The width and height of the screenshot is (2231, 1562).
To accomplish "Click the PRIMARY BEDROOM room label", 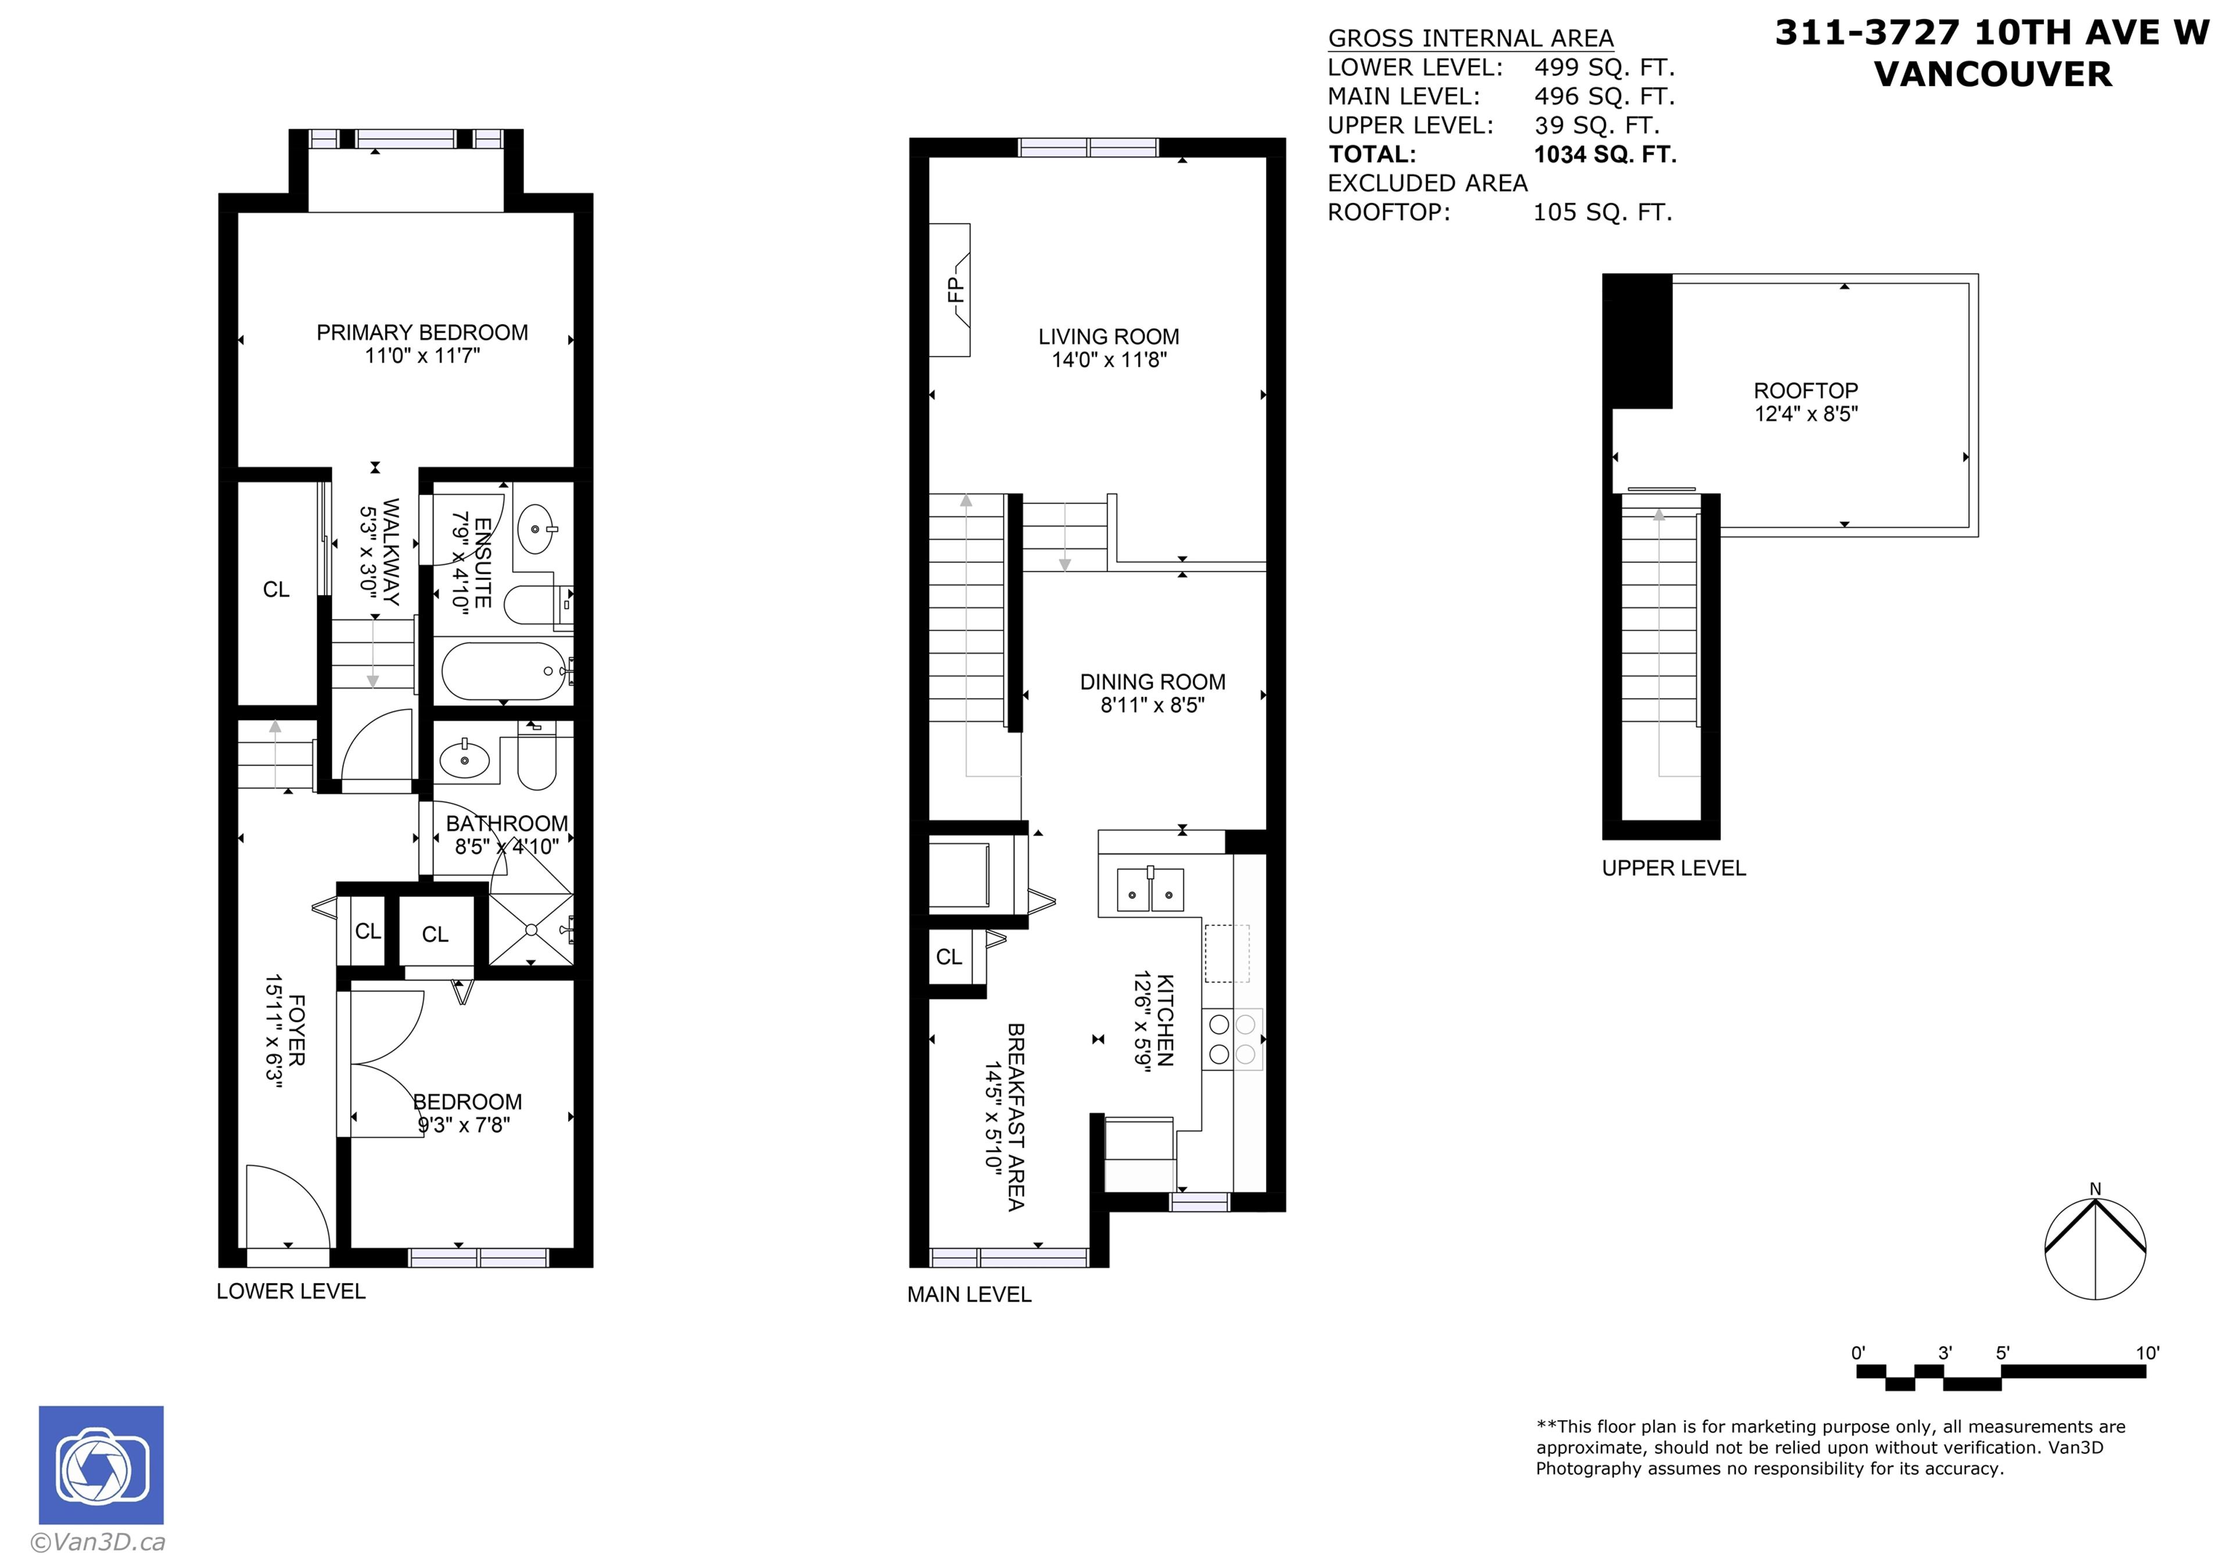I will pos(422,332).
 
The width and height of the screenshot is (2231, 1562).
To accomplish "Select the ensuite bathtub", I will pos(503,671).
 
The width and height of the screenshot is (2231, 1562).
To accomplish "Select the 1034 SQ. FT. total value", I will pos(1604,155).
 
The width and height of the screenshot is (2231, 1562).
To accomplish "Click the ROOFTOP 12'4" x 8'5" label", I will pos(1805,402).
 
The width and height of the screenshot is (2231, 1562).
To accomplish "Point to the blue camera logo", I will pos(101,1465).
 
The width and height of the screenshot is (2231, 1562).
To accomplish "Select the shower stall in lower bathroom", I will pos(529,929).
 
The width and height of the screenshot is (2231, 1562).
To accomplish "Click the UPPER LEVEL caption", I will pos(1673,868).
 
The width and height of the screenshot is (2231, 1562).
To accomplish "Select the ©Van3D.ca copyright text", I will pos(98,1542).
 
